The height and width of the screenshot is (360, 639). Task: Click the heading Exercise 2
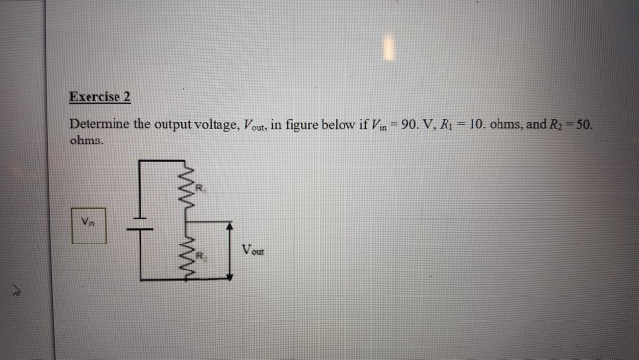pyautogui.click(x=100, y=97)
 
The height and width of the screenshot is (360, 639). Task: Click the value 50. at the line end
pyautogui.click(x=586, y=125)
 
